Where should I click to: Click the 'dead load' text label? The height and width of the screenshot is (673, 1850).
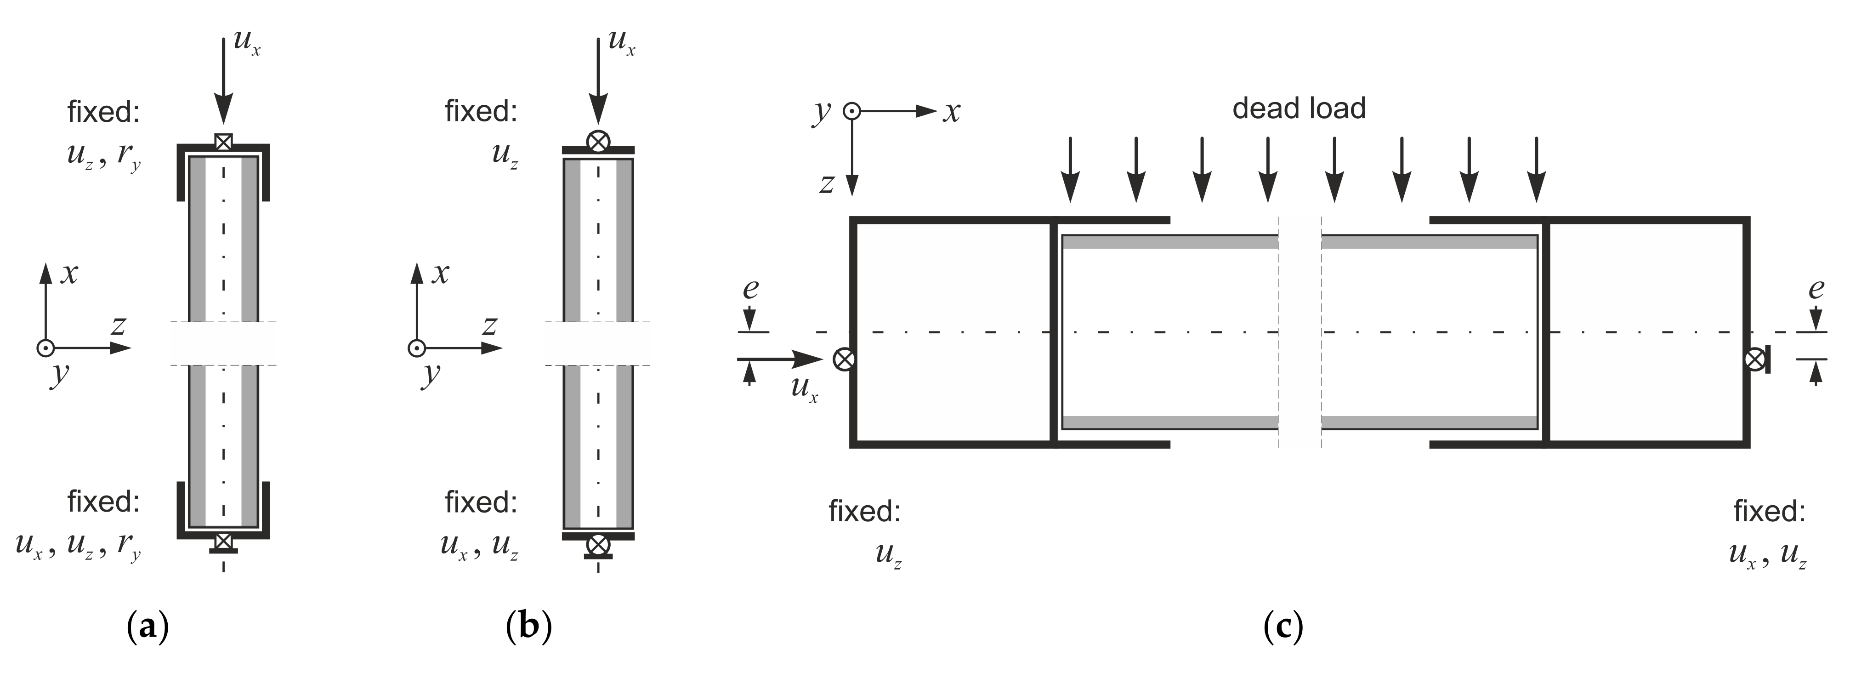tap(1299, 108)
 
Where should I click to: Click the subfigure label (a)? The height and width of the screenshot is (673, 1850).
tap(147, 627)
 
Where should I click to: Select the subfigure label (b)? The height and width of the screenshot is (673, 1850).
tap(528, 627)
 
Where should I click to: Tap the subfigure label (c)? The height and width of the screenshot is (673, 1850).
tap(1283, 627)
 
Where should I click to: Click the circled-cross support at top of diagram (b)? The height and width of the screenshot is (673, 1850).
tap(597, 141)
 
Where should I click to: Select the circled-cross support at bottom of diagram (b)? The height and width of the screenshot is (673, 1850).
tap(597, 545)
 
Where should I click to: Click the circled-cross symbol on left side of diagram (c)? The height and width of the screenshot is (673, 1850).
tap(843, 359)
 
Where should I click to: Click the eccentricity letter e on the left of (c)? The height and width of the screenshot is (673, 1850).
tap(750, 289)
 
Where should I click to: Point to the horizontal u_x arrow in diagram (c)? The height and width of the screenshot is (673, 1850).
tap(779, 358)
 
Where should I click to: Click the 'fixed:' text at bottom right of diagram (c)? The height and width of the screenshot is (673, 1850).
tap(1769, 511)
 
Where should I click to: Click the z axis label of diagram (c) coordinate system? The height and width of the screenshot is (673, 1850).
tap(827, 184)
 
